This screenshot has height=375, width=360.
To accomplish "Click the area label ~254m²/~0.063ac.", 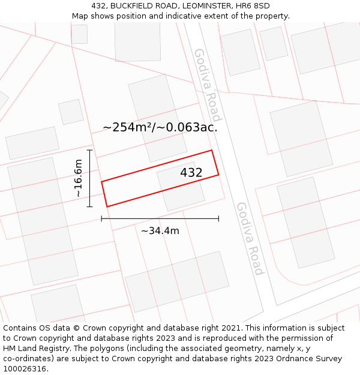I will click(x=160, y=127).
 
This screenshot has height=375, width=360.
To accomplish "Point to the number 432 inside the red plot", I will click(x=191, y=173).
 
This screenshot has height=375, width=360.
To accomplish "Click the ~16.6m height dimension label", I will click(x=78, y=178).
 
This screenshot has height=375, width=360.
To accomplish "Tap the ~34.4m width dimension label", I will click(x=160, y=230).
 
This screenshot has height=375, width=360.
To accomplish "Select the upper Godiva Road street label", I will click(x=208, y=84).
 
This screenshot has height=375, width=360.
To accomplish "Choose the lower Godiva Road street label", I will click(x=250, y=238).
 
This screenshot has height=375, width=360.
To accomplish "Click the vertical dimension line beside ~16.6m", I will click(x=89, y=178).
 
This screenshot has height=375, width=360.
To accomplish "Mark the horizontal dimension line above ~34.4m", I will click(x=160, y=218).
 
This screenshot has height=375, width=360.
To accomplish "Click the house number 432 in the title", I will click(x=99, y=6).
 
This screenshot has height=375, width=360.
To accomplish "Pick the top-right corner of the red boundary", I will click(x=212, y=150).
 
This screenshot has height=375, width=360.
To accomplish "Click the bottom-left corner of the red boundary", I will click(x=107, y=206).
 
